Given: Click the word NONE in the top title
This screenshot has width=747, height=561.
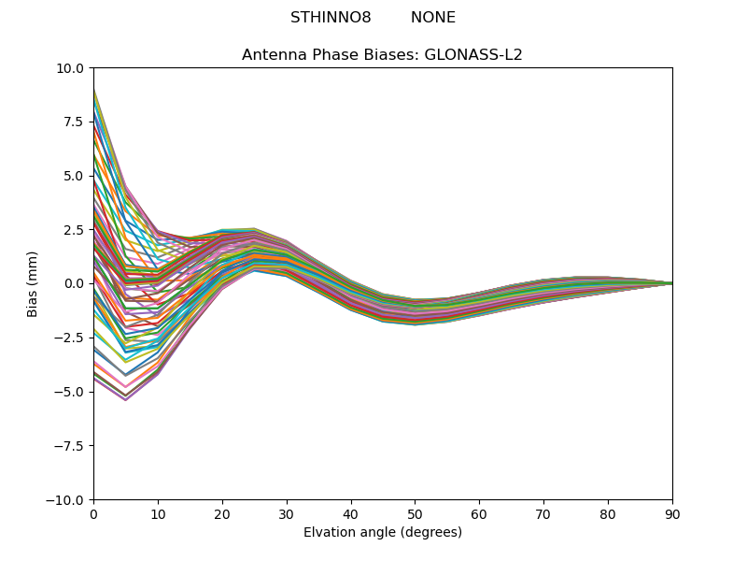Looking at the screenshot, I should coord(433,18).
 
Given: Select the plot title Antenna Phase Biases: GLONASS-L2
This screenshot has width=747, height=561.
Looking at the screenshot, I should coord(382,55).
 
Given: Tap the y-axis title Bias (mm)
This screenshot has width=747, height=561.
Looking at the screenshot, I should coord(33,283).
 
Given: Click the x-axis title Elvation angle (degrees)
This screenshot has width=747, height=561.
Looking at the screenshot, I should coord(383,533).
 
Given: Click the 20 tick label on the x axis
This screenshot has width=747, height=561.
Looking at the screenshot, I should coord(222,514).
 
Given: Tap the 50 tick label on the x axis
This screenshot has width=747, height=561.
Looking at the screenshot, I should coord(415,514).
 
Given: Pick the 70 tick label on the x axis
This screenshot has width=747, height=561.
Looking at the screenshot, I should coord(543,514).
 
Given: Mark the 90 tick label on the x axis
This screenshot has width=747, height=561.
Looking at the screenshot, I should coord(672,514).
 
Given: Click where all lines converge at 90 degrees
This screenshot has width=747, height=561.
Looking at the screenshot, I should coord(671,283).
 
